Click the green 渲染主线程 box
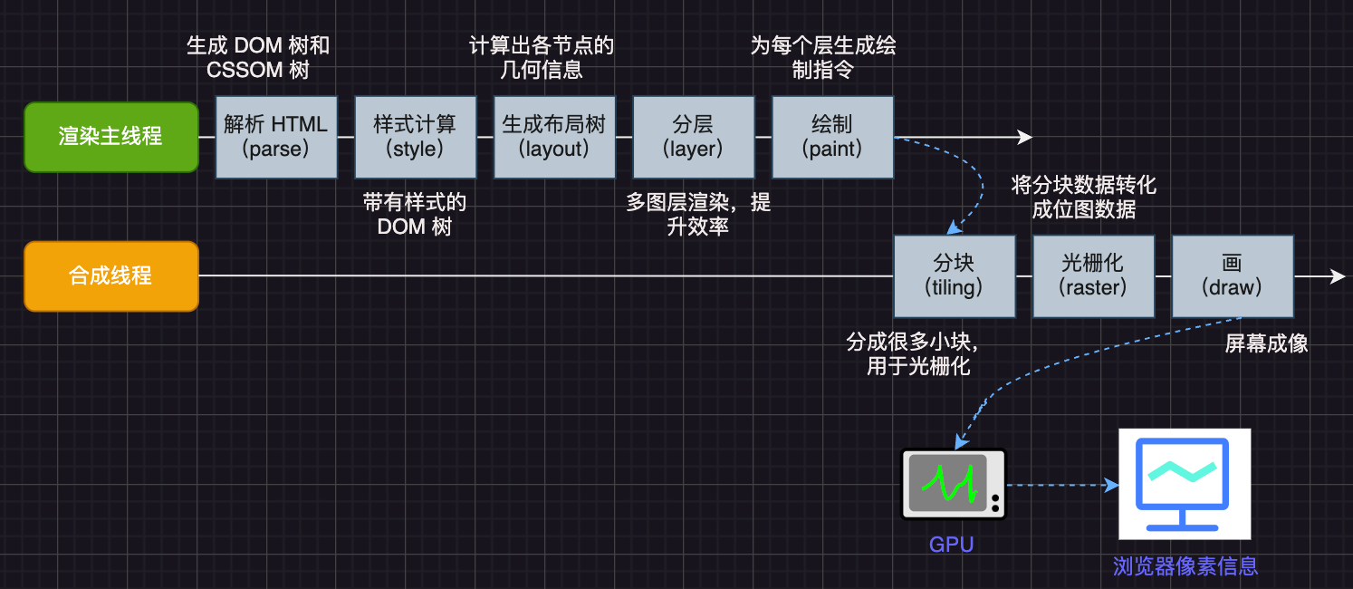[x=110, y=137]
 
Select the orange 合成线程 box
[x=110, y=275]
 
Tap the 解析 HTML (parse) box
[x=276, y=137]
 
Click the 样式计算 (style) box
[x=415, y=137]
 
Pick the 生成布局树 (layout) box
[x=554, y=137]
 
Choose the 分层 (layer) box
[x=693, y=137]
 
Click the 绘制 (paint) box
[x=832, y=137]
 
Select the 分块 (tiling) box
[x=954, y=275]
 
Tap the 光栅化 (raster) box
[x=1093, y=275]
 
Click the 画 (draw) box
[x=1232, y=275]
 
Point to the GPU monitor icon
[x=954, y=485]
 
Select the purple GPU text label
[x=951, y=545]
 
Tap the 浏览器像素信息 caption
[x=1185, y=566]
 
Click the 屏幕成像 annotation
[x=1266, y=343]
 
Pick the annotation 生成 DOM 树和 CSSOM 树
[x=258, y=57]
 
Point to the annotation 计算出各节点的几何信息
[x=542, y=57]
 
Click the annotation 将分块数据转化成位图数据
[x=1084, y=198]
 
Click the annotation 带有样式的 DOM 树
[x=415, y=215]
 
